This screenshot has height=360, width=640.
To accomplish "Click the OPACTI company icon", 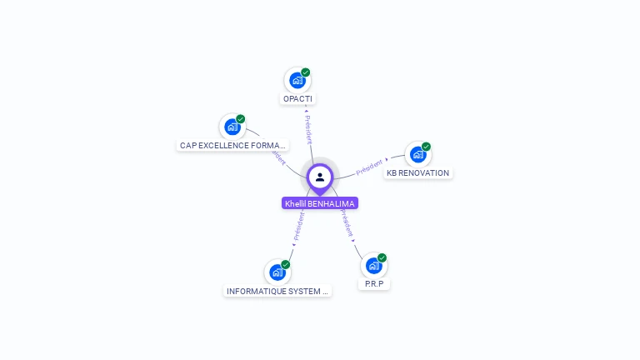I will click(x=297, y=81).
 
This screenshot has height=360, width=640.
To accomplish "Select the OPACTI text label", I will click(x=298, y=99).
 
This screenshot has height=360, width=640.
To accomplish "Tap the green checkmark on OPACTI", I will click(x=306, y=72).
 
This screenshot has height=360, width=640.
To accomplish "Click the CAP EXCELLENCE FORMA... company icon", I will click(x=232, y=127).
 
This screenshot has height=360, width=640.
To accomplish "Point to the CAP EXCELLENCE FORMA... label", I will click(x=233, y=145).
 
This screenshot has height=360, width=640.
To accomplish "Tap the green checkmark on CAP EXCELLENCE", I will click(x=241, y=119).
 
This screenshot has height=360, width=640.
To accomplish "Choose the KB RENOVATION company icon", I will click(x=417, y=154).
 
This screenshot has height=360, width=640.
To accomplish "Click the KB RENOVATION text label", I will click(x=417, y=173).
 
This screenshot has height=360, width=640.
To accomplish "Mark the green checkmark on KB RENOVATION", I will click(x=426, y=147).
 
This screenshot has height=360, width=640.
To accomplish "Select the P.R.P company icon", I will click(x=373, y=266).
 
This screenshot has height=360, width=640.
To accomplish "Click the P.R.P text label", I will click(x=373, y=284).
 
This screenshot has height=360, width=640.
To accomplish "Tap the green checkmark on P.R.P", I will click(x=382, y=258).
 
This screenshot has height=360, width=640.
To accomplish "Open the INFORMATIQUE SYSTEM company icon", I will click(x=277, y=272).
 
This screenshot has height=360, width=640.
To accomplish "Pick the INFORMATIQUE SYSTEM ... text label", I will click(x=277, y=292).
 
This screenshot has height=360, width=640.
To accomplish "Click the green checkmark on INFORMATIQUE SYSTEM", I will click(x=286, y=264).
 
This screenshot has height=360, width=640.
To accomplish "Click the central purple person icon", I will click(x=320, y=177).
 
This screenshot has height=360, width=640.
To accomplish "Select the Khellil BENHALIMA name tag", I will click(x=320, y=203).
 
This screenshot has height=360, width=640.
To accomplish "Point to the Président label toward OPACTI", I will click(x=307, y=128).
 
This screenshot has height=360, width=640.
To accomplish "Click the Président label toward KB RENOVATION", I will click(x=370, y=167).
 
